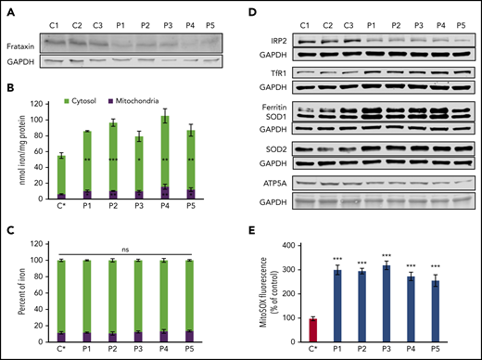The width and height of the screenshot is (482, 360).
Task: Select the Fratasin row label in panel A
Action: pos(28,42)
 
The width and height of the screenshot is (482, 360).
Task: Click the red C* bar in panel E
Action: pos(312,330)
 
